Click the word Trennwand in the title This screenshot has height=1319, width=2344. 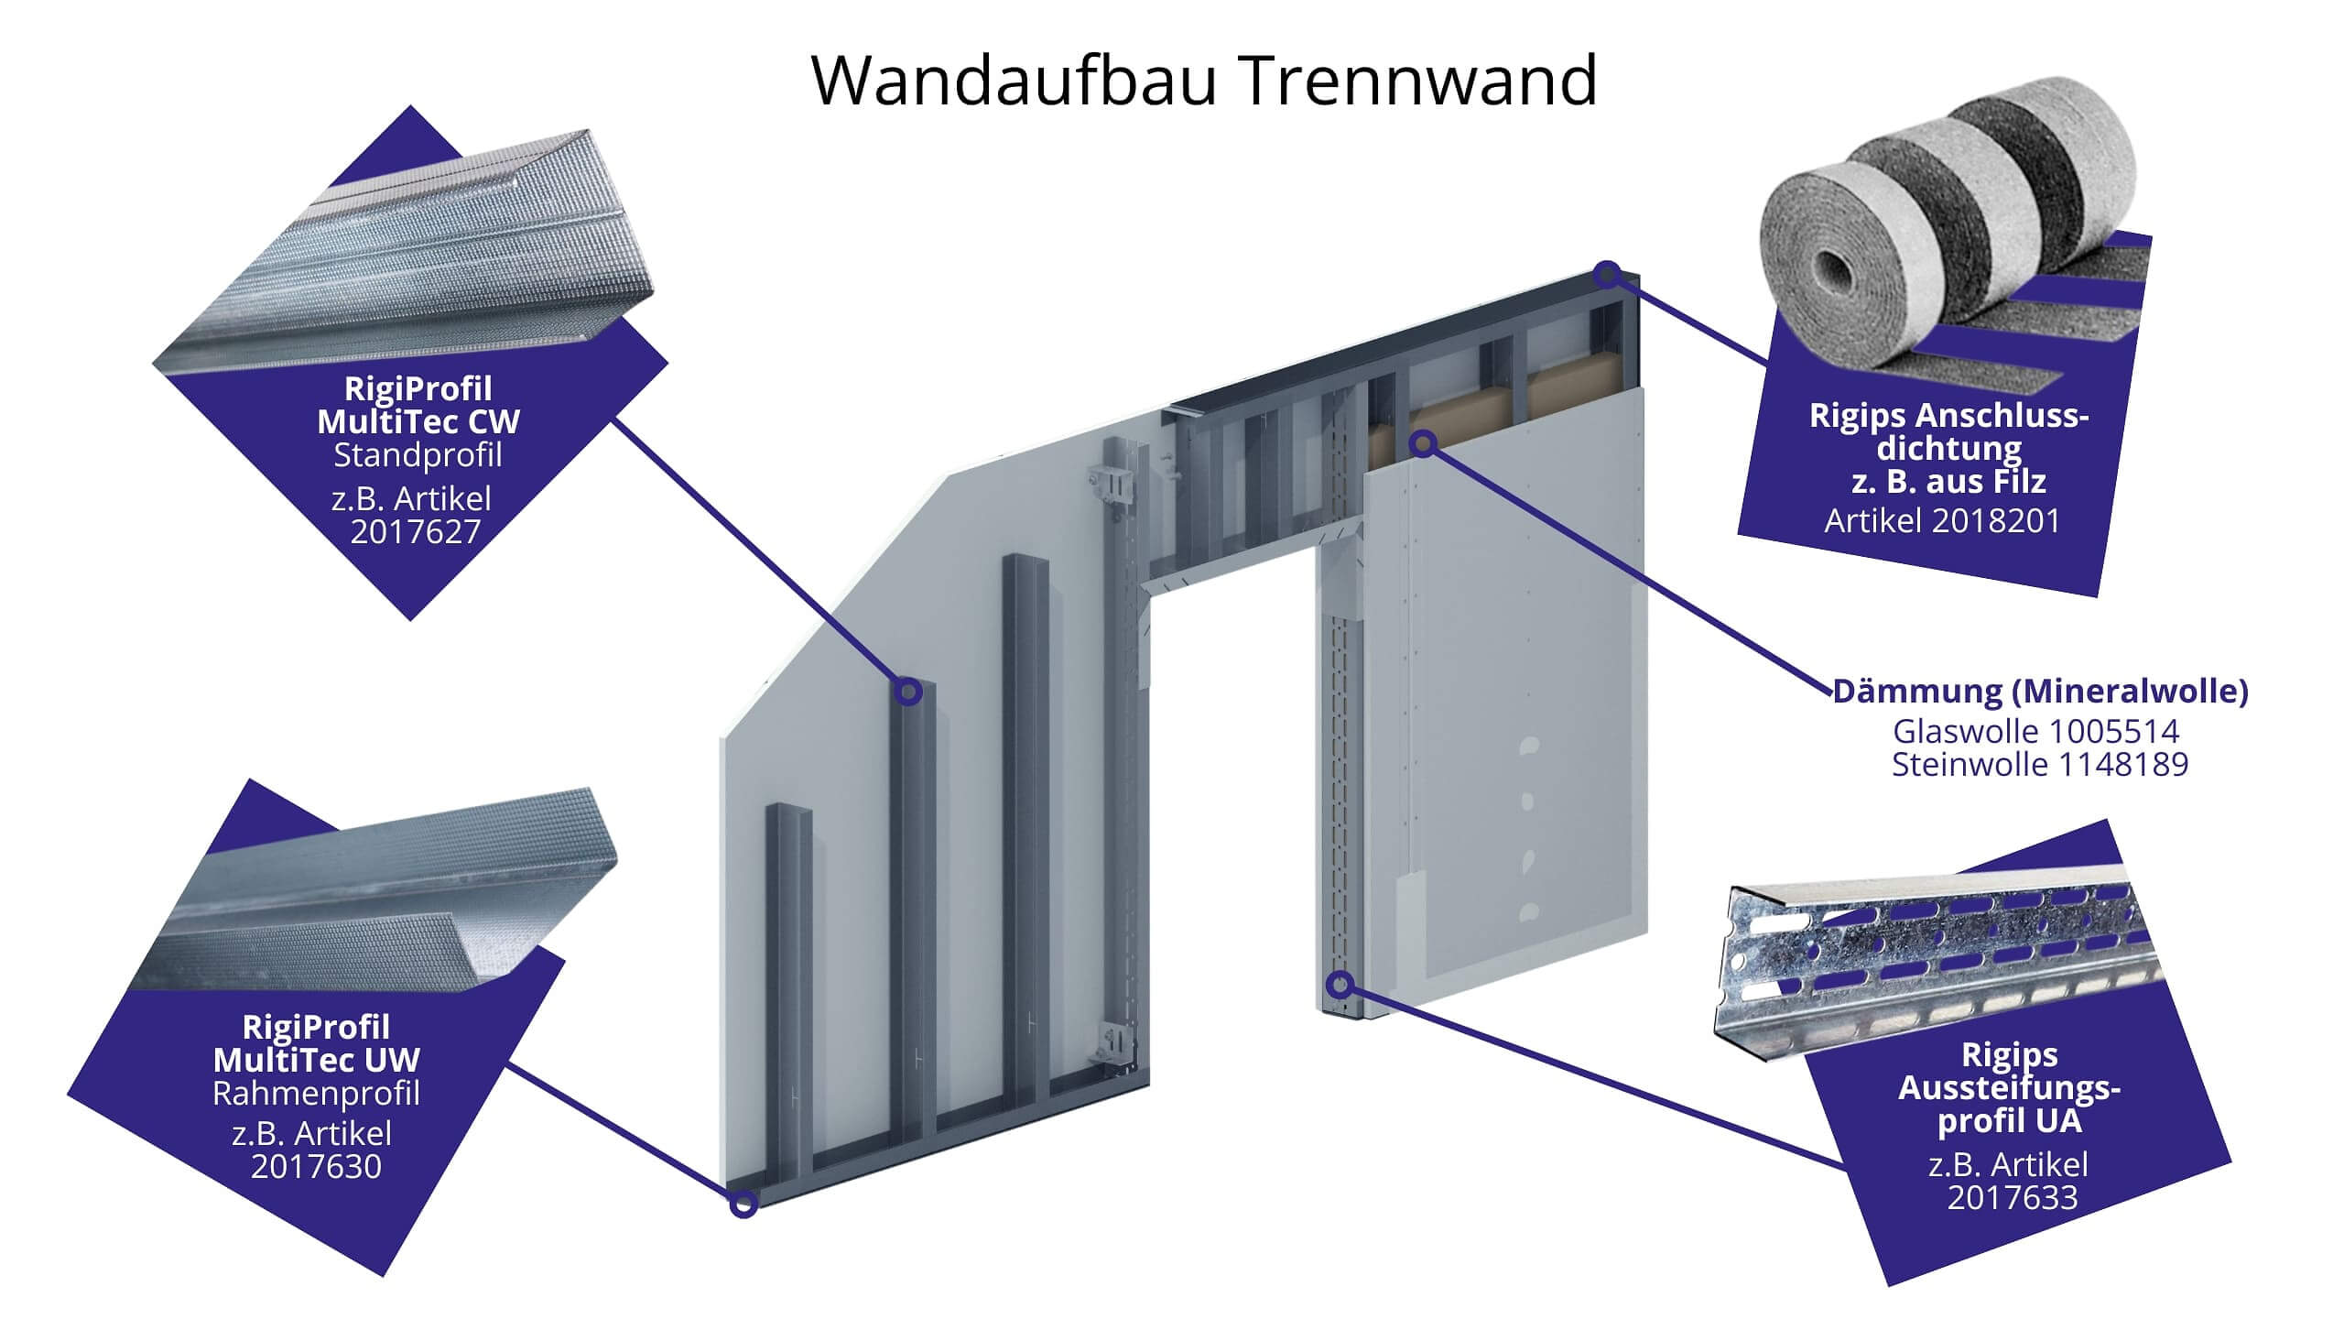click(1418, 81)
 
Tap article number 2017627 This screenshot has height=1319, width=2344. click(416, 531)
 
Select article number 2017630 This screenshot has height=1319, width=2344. click(316, 1166)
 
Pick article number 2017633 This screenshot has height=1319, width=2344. click(2013, 1197)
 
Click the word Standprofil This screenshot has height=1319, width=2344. click(418, 454)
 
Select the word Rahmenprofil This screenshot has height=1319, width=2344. click(316, 1093)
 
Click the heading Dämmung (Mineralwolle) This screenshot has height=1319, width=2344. click(2041, 691)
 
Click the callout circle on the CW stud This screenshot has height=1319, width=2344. click(907, 691)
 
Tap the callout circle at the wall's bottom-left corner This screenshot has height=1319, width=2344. click(743, 1203)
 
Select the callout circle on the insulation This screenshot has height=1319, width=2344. click(1423, 444)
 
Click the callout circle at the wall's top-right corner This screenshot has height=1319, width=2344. click(1608, 273)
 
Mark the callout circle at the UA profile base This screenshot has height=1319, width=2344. click(1340, 986)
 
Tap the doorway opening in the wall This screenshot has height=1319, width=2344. click(1227, 824)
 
